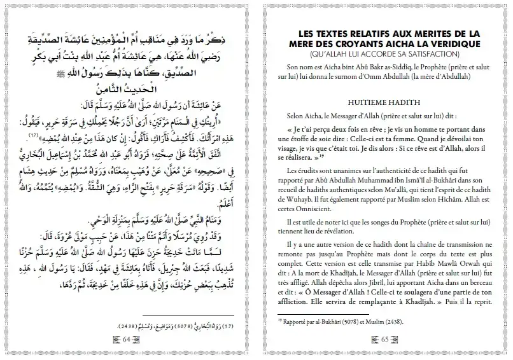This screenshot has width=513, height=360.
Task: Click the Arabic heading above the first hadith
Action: pyautogui.click(x=127, y=89)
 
